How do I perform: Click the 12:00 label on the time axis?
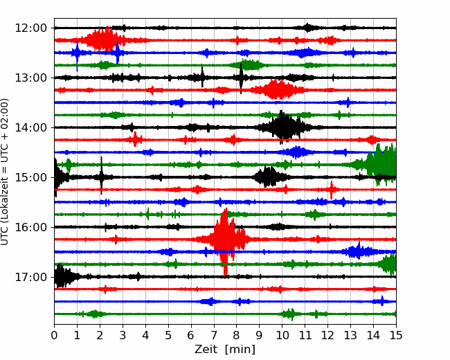click(x=30, y=28)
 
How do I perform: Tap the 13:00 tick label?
click(x=30, y=78)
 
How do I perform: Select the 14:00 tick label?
click(x=30, y=127)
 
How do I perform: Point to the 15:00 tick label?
click(x=30, y=177)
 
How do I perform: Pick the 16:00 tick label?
click(x=30, y=227)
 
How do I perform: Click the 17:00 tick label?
click(x=30, y=277)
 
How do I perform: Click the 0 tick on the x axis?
click(x=54, y=335)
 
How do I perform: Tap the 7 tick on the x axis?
click(x=213, y=335)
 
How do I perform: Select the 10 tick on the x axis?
click(x=282, y=335)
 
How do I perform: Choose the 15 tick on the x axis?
click(x=396, y=335)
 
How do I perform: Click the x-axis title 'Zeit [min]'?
click(x=225, y=350)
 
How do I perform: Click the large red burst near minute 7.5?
click(x=226, y=240)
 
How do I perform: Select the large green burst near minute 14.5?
click(x=379, y=164)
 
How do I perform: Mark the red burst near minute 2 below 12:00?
click(x=104, y=39)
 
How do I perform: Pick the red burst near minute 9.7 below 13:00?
click(x=277, y=89)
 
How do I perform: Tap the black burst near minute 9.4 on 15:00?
click(x=269, y=177)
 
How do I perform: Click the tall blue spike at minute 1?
click(x=77, y=55)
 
